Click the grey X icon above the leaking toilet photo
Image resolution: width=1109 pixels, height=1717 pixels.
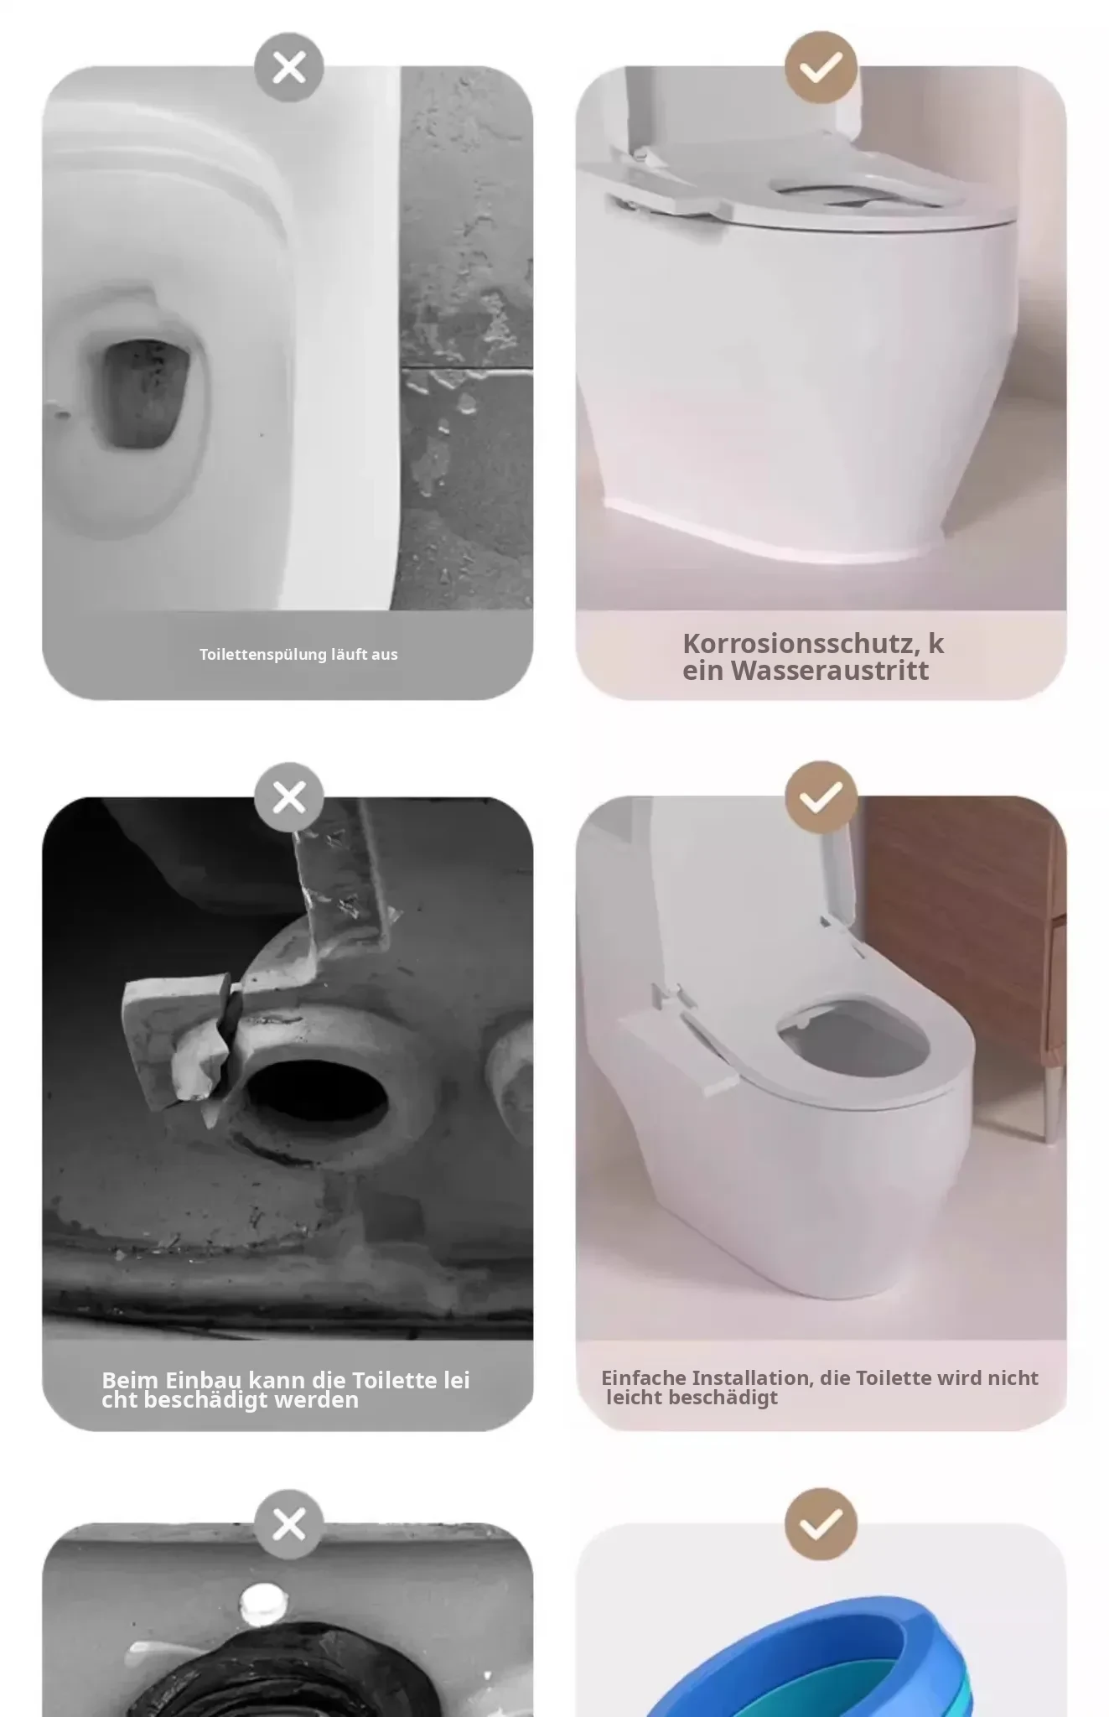(289, 68)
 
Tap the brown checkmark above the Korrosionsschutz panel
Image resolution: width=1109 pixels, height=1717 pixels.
(821, 68)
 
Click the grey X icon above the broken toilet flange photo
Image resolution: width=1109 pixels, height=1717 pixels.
(289, 797)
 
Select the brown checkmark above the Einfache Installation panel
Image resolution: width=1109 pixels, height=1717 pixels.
(821, 797)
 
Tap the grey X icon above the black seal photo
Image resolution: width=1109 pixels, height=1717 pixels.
(289, 1524)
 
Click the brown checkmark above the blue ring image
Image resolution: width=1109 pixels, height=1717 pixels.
(821, 1524)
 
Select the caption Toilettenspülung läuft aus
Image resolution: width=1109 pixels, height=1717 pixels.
(298, 655)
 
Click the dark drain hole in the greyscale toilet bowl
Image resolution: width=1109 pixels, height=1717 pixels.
(143, 394)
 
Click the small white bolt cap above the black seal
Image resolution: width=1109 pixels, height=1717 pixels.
(261, 1603)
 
